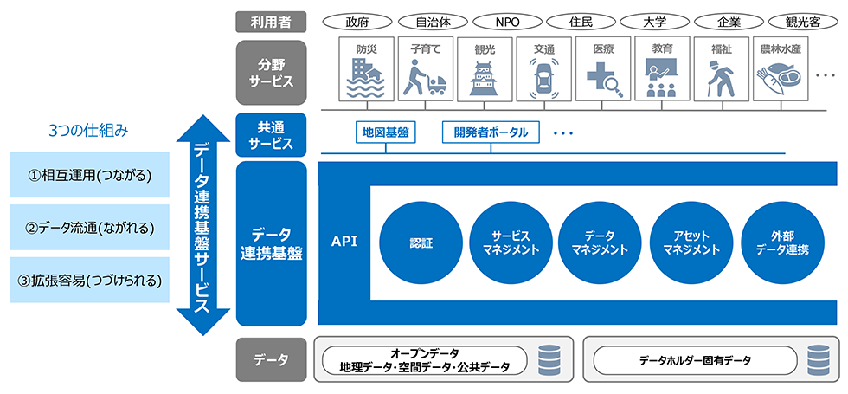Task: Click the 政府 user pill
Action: [357, 19]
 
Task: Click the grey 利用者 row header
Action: [271, 19]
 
